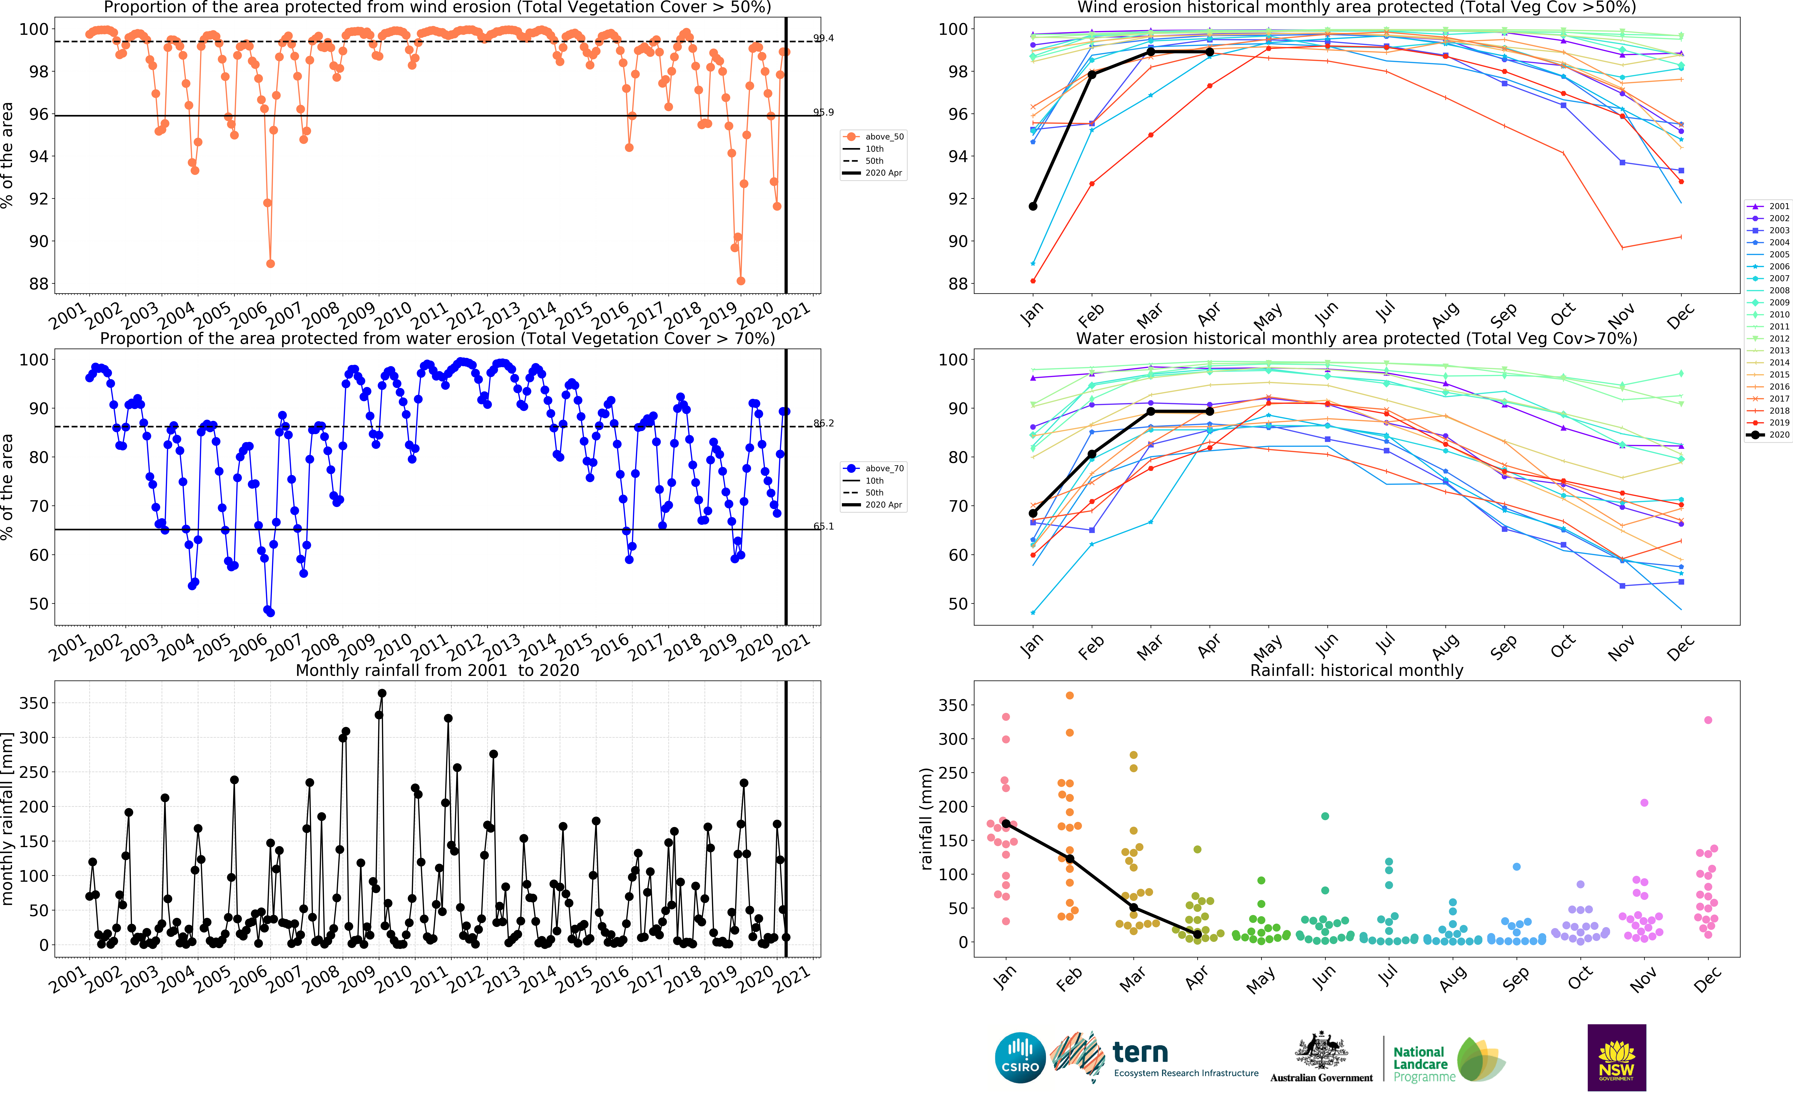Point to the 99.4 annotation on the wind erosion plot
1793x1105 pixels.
coord(824,38)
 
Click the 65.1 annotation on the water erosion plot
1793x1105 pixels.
coord(824,526)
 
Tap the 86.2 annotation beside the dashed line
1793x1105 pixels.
coord(824,423)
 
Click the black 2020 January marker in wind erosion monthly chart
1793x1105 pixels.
coord(1032,206)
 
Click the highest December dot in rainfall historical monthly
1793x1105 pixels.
coord(1708,720)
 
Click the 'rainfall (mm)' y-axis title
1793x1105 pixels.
coord(926,819)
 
